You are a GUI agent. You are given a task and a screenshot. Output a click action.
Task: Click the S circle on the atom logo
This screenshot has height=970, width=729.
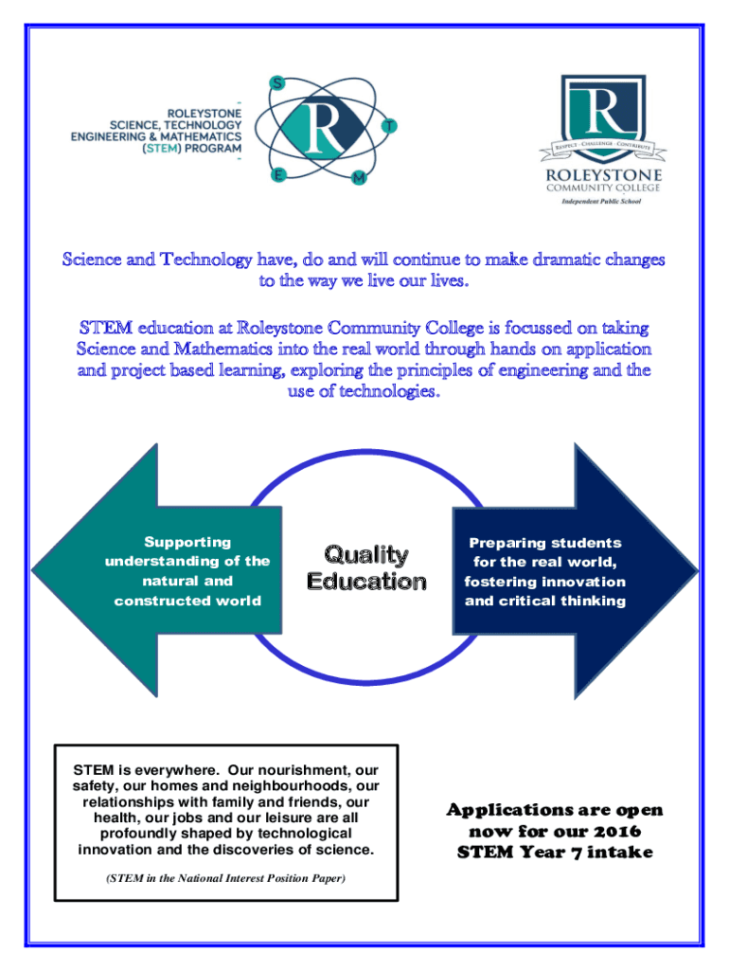click(x=276, y=83)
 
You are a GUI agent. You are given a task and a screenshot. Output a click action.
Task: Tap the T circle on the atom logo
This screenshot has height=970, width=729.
click(x=390, y=125)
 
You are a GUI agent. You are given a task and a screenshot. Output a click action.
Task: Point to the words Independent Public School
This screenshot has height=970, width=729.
click(x=601, y=202)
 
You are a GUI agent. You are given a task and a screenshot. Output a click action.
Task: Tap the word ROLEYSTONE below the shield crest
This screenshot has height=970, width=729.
click(x=601, y=174)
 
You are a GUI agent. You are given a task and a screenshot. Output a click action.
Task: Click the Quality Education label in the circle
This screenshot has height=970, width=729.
click(x=366, y=567)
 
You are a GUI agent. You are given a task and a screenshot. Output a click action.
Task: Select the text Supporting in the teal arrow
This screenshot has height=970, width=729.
click(x=187, y=542)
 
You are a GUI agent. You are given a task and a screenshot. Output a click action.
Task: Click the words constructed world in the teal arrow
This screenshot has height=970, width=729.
click(x=187, y=601)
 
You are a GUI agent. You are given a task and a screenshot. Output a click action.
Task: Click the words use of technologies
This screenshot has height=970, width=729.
click(x=363, y=391)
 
